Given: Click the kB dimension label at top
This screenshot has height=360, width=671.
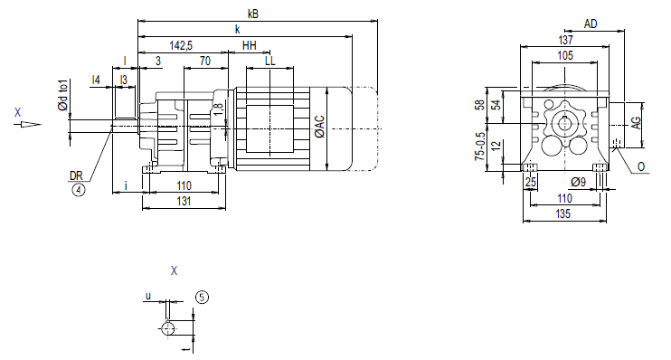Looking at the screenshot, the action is tap(253, 14).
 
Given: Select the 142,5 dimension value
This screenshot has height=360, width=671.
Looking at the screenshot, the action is tap(181, 45).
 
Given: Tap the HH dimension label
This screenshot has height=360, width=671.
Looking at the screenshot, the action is tap(249, 45).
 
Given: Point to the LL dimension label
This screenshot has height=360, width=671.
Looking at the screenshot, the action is tap(270, 61).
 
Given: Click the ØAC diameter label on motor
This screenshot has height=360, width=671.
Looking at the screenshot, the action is tap(319, 127).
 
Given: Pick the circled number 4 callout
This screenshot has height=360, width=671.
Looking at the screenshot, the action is tap(79, 189).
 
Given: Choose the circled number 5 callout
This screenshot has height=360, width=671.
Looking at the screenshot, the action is tap(202, 297).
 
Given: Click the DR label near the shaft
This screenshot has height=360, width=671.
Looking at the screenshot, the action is tap(76, 175).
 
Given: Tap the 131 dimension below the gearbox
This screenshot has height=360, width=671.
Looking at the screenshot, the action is tap(184, 201).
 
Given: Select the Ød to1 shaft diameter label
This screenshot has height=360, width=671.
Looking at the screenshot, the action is tap(63, 95).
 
